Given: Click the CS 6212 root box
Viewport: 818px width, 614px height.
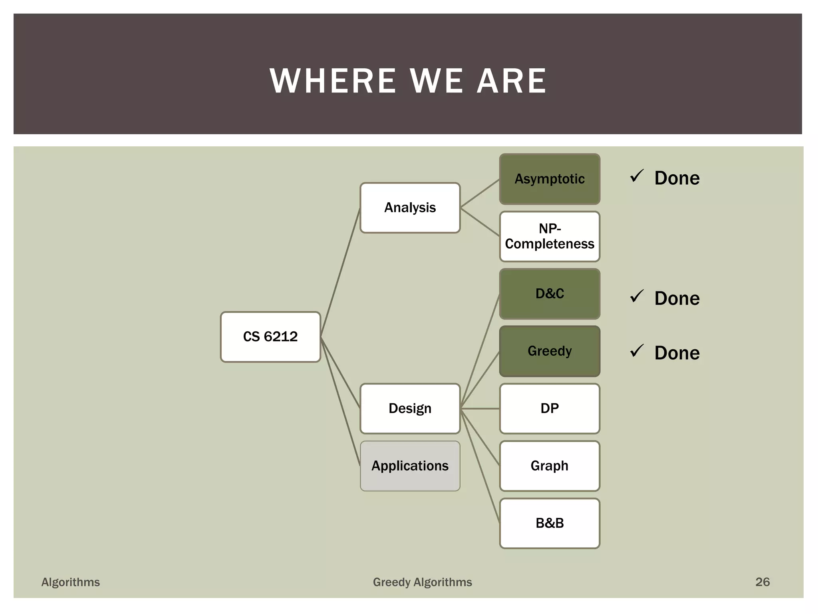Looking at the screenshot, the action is tap(270, 337).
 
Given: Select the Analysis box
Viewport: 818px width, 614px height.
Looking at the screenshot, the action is tap(410, 208).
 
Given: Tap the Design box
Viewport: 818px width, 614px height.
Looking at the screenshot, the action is tap(410, 409).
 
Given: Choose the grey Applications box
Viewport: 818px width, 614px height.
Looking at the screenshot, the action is tap(410, 466).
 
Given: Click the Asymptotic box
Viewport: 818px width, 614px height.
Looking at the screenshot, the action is tap(550, 179).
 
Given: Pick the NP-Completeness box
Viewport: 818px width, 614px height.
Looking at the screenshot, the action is tap(550, 236).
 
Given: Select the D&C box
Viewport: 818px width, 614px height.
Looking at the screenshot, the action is tap(550, 294).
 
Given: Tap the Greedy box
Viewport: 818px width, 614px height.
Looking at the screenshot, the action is tap(550, 351).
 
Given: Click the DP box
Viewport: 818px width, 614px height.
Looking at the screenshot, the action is tap(550, 409).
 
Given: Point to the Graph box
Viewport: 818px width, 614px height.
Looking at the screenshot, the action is tap(550, 466).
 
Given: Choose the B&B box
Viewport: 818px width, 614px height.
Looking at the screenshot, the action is tap(550, 523).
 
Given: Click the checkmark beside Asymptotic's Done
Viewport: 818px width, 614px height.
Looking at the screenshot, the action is tap(637, 176).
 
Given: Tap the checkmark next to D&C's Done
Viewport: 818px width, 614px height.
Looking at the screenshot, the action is tap(637, 296).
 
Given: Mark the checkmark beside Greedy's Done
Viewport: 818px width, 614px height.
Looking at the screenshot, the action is tap(637, 351).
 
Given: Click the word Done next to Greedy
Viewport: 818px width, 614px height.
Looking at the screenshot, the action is tap(677, 353).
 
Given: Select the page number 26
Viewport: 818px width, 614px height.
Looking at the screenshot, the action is tap(762, 582).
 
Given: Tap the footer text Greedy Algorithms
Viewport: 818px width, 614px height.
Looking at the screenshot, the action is tap(422, 582).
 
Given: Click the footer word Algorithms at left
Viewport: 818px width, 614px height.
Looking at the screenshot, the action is tap(71, 582).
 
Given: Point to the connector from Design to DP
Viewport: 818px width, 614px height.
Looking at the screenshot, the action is tap(480, 409).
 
